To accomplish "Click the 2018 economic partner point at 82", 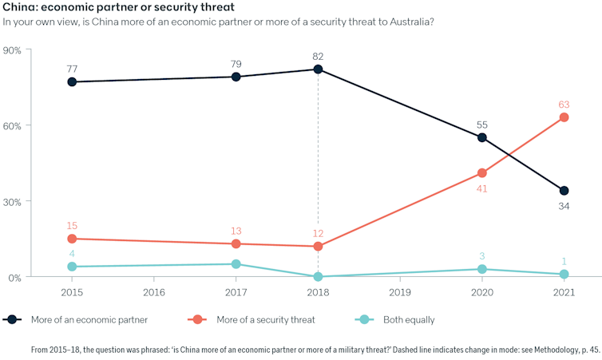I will click(318, 69).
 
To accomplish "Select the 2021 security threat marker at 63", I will click(564, 117).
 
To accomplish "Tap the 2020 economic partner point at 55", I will click(481, 137).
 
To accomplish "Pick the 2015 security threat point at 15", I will click(72, 239).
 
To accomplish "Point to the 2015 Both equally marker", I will click(72, 267).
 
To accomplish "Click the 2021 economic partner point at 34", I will click(564, 191).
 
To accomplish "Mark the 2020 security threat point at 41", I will click(481, 172).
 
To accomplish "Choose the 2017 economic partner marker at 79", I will click(236, 77).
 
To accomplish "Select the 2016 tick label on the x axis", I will click(154, 291).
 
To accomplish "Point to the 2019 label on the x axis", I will click(400, 291).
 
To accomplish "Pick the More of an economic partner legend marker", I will click(12, 319).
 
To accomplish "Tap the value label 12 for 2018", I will click(318, 232).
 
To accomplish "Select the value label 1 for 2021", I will click(564, 261).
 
